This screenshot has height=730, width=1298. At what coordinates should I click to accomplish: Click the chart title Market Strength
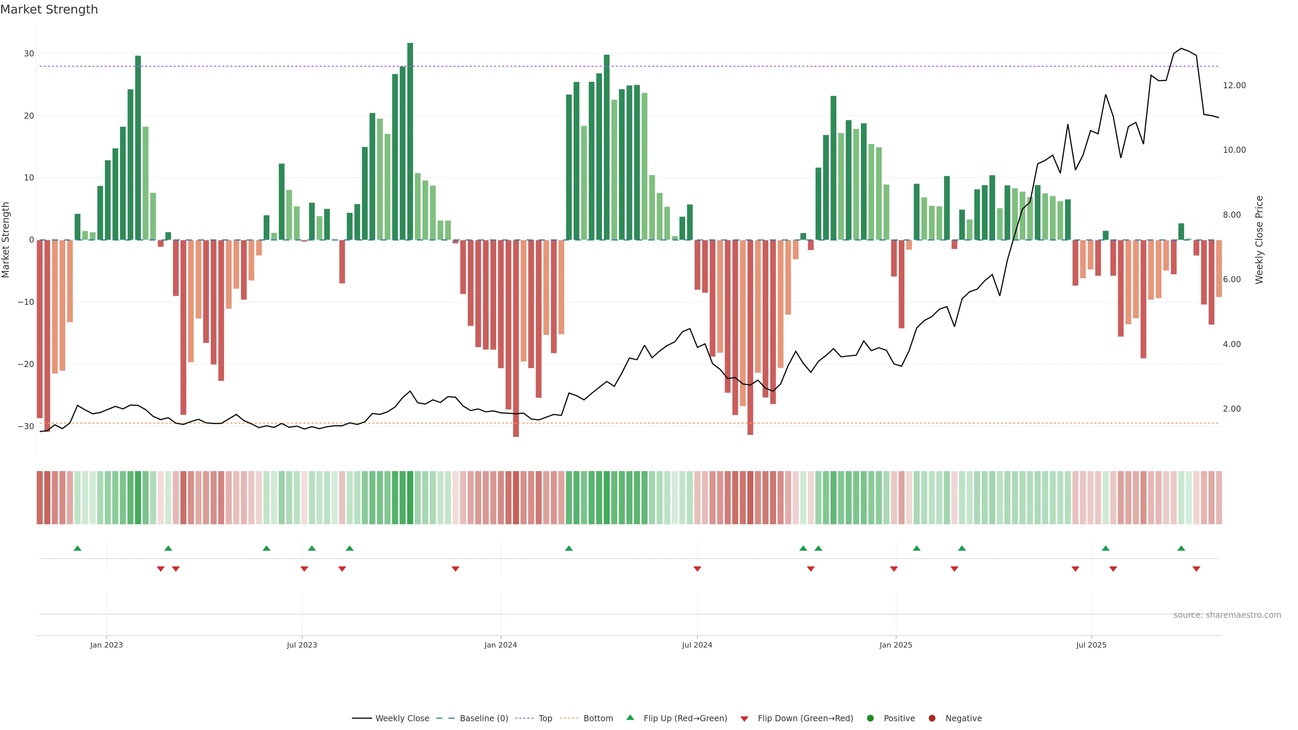pyautogui.click(x=49, y=9)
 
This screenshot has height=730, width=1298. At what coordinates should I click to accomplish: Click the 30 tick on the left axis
pyautogui.click(x=29, y=53)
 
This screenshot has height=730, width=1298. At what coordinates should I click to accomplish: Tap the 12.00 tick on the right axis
pyautogui.click(x=1234, y=85)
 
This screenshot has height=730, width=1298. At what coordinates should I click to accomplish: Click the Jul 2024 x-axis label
pyautogui.click(x=697, y=645)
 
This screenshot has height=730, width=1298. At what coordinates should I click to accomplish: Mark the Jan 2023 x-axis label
pyautogui.click(x=106, y=645)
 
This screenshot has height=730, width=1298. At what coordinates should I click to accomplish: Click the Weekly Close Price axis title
pyautogui.click(x=1259, y=240)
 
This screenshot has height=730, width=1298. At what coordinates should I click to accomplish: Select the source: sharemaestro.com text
pyautogui.click(x=1227, y=615)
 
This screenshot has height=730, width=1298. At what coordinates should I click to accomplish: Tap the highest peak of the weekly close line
pyautogui.click(x=1181, y=48)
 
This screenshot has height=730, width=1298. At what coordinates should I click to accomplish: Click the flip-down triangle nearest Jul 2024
pyautogui.click(x=697, y=569)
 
